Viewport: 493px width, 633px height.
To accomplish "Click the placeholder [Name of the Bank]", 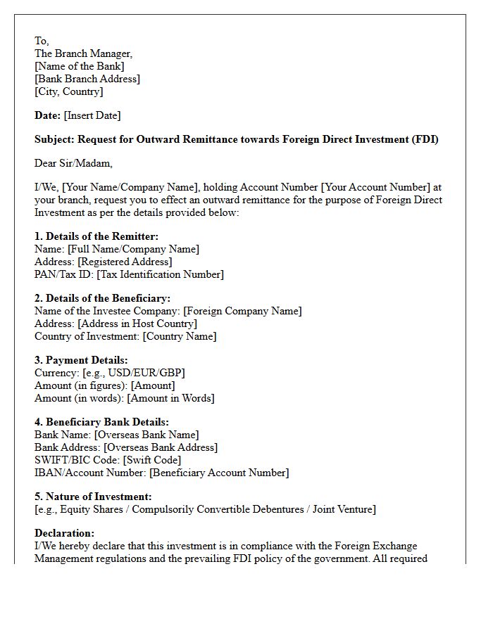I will [80, 66].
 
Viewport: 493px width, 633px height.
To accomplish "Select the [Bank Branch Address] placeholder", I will [87, 79].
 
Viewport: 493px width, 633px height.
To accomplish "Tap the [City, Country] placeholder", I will [69, 91].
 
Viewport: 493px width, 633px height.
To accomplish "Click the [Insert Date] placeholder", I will [92, 115].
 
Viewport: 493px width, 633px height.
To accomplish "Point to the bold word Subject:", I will [54, 139].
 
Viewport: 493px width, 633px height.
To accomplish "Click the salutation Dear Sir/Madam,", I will [73, 163].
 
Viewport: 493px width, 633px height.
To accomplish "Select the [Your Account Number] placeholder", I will [375, 187].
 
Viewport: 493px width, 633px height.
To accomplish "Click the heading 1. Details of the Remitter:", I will [96, 236].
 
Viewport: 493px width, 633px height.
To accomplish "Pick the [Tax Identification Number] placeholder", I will [160, 274].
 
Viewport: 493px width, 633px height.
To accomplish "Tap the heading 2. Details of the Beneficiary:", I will [102, 298].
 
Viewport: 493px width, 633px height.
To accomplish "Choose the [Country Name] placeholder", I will [180, 336].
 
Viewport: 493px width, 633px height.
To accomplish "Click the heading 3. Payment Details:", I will [81, 360].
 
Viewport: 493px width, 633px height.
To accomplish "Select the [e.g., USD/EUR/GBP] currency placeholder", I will [134, 373].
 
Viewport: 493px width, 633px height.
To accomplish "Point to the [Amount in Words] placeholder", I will [170, 398].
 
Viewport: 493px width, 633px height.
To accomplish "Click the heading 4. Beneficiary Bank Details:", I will [101, 422].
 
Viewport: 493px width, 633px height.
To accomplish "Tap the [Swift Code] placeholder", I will [152, 460].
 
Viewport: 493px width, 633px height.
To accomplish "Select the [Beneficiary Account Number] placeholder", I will [219, 473].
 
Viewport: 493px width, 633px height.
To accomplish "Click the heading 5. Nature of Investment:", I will [93, 497].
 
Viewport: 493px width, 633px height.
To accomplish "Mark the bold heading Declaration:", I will [64, 533].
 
